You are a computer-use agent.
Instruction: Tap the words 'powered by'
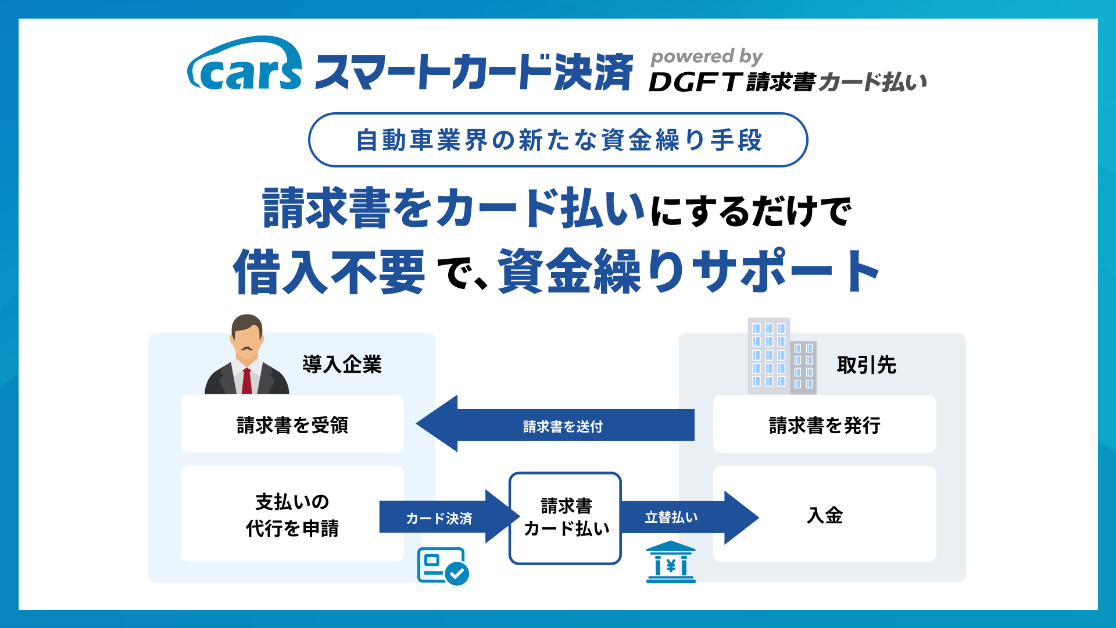[706, 56]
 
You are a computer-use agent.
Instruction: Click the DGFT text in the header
[695, 82]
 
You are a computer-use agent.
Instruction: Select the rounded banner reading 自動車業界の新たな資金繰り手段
[558, 140]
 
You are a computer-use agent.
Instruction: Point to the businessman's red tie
[247, 380]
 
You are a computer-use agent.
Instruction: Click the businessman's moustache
[247, 349]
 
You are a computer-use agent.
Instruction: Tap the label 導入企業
[342, 365]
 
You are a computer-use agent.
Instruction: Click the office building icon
[782, 356]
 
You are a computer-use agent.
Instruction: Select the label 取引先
[866, 365]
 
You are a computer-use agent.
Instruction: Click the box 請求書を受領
[292, 424]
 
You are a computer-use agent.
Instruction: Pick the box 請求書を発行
[824, 424]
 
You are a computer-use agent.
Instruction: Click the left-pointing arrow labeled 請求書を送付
[555, 424]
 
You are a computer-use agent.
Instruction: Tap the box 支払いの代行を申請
[292, 514]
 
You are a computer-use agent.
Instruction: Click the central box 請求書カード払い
[565, 518]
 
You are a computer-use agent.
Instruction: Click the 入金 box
[824, 514]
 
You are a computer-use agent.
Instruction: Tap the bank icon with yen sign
[671, 562]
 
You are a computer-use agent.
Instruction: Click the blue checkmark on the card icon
[457, 573]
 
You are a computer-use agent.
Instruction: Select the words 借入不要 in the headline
[329, 272]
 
